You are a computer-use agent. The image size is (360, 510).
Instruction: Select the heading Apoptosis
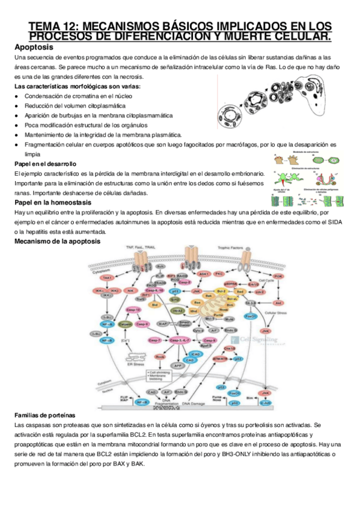click(x=34, y=47)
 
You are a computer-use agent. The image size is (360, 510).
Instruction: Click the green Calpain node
click(x=125, y=324)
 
